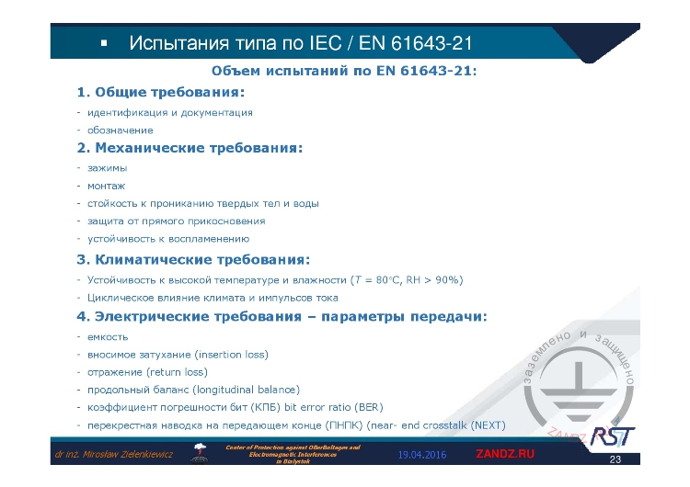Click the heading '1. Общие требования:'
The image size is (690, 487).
coord(161,92)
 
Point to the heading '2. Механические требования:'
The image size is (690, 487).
coord(190,147)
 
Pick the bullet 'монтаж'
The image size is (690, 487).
coord(106,186)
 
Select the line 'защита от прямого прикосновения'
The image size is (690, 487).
coord(176,221)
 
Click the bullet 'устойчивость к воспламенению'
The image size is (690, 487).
coord(167,238)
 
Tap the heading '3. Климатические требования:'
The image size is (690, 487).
coord(193,259)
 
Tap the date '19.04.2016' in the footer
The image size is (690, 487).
coord(422,455)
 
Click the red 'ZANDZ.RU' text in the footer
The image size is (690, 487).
coord(504,455)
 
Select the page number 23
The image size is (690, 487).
coord(615,459)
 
